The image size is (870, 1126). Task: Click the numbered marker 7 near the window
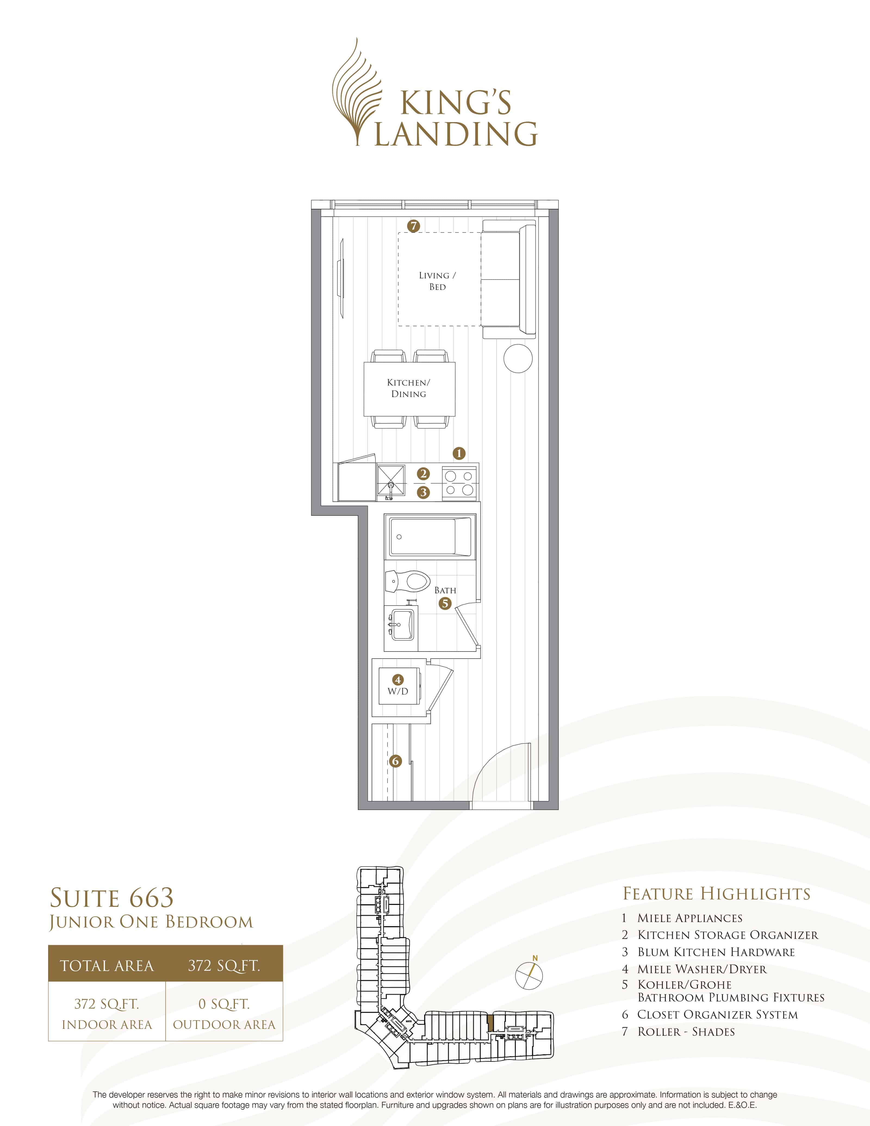tap(413, 226)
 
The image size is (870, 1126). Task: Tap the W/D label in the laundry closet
tap(398, 691)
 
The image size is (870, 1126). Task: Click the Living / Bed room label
tap(437, 281)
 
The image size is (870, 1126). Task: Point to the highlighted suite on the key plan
tap(490, 1021)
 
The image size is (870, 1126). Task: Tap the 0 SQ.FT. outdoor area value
tap(224, 1004)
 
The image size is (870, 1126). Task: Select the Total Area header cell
tap(107, 966)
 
